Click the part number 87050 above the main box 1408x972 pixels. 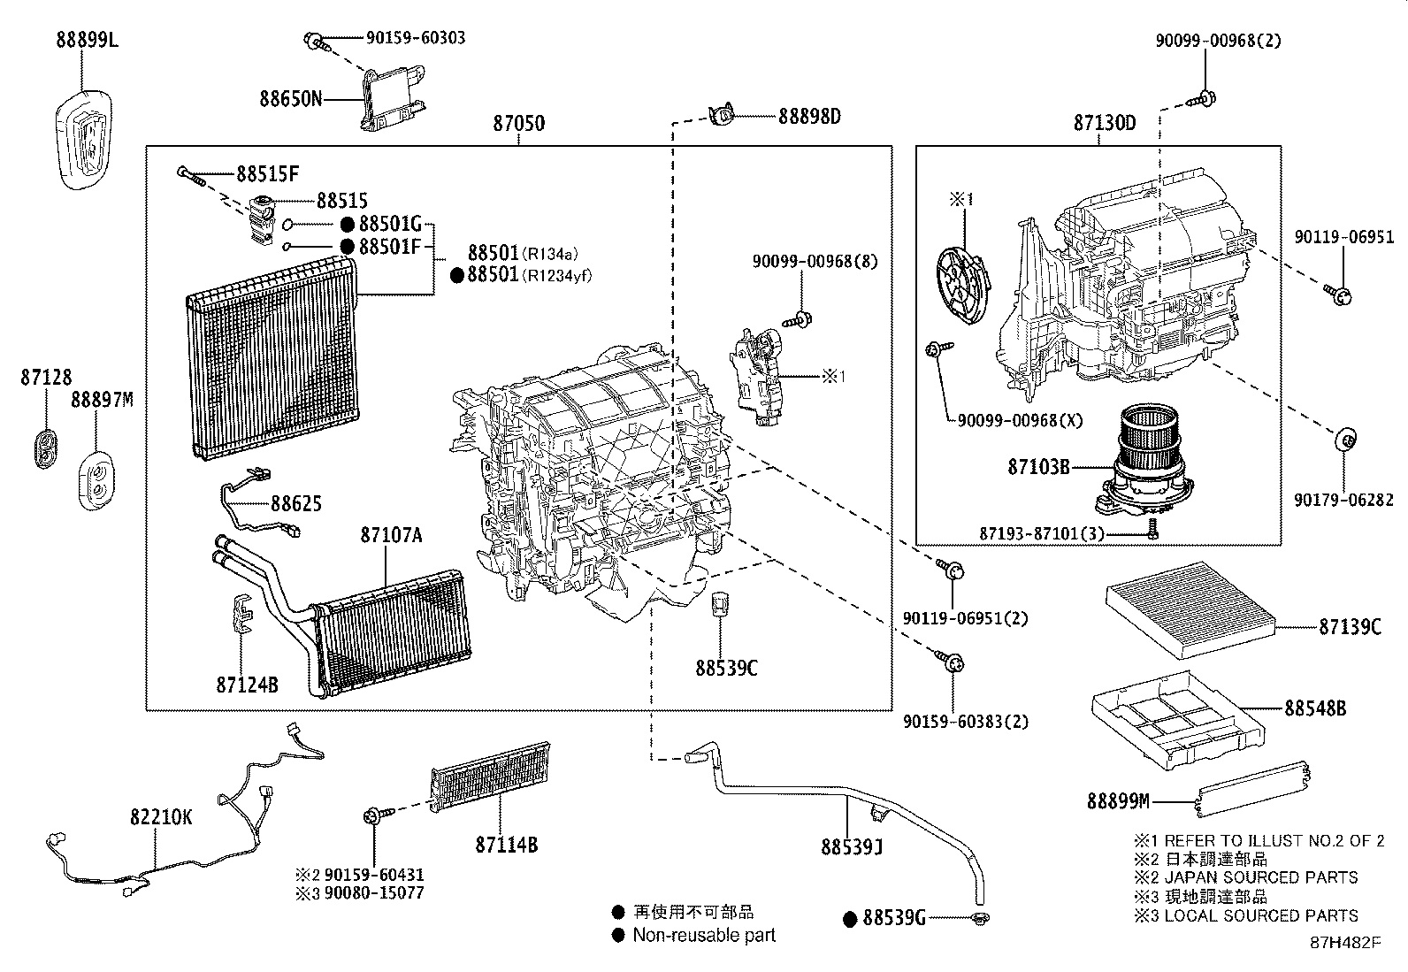[x=518, y=124]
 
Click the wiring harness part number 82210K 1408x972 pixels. [x=161, y=817]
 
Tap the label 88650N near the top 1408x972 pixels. [x=290, y=97]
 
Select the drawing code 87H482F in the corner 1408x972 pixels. [x=1345, y=942]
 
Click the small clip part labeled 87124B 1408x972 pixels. [x=241, y=614]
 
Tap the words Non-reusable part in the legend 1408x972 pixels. [x=704, y=935]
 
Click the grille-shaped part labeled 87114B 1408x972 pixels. [x=490, y=777]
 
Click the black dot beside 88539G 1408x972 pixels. [x=850, y=919]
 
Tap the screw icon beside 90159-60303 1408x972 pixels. [x=315, y=40]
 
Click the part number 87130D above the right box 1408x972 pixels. [x=1105, y=124]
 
